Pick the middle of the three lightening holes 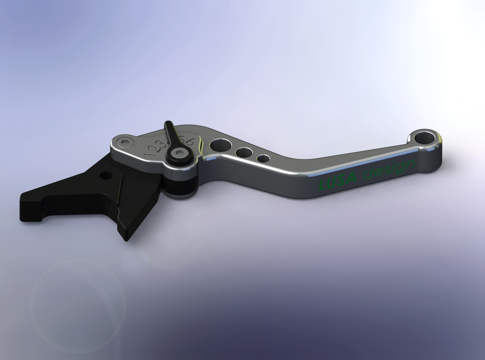pos(244,152)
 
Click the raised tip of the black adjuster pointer pos(168,125)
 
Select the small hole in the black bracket pos(105,175)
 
